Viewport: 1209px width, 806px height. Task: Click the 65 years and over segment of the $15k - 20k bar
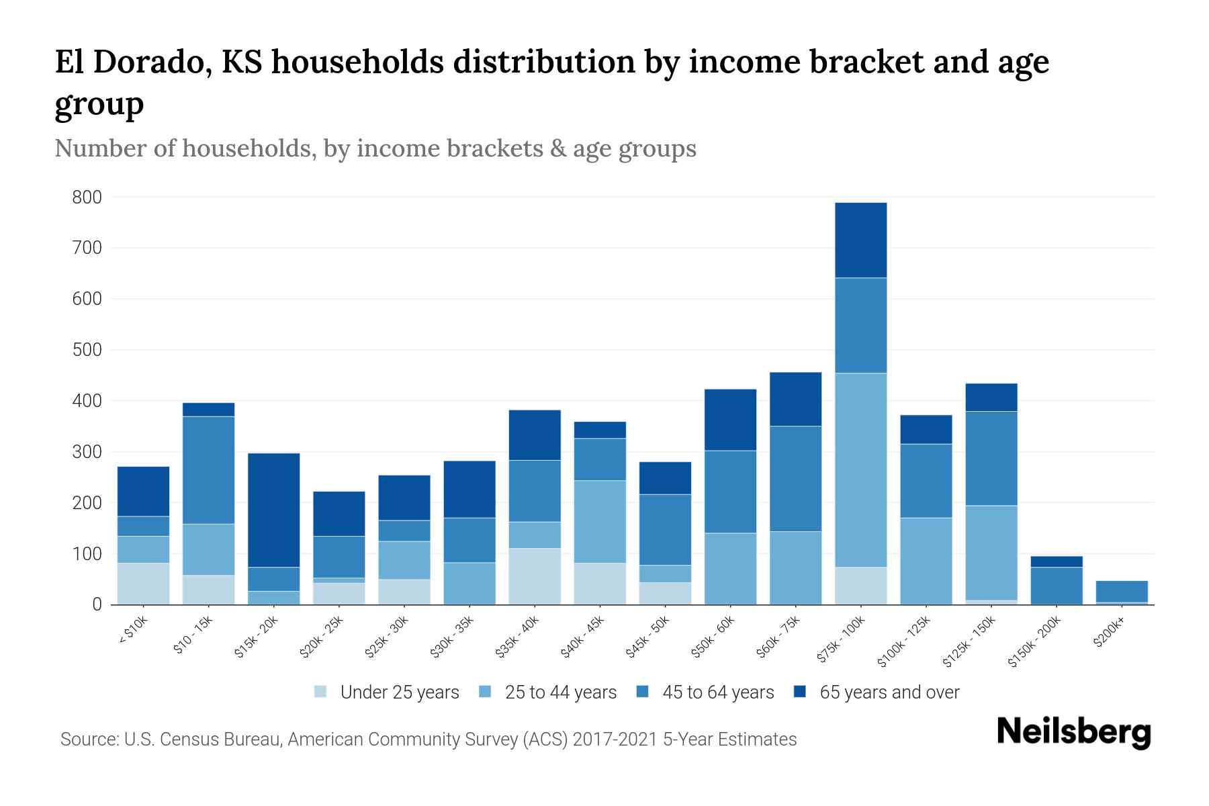point(273,510)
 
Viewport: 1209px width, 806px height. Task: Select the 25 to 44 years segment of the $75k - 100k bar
point(860,470)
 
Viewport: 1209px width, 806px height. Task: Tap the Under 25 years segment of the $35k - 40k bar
point(535,576)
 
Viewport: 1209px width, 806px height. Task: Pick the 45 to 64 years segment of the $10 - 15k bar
point(208,470)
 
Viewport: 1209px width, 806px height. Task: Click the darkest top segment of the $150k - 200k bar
point(1057,562)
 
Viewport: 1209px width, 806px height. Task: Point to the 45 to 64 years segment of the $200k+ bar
point(1122,591)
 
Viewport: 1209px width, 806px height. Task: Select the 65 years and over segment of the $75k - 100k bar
point(860,240)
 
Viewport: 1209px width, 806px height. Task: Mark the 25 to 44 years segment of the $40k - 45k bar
point(600,521)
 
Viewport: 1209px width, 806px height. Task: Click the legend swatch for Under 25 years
point(321,692)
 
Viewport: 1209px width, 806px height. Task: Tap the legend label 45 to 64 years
point(718,692)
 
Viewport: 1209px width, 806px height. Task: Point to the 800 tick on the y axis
point(87,197)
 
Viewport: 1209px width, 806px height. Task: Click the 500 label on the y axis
point(87,350)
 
